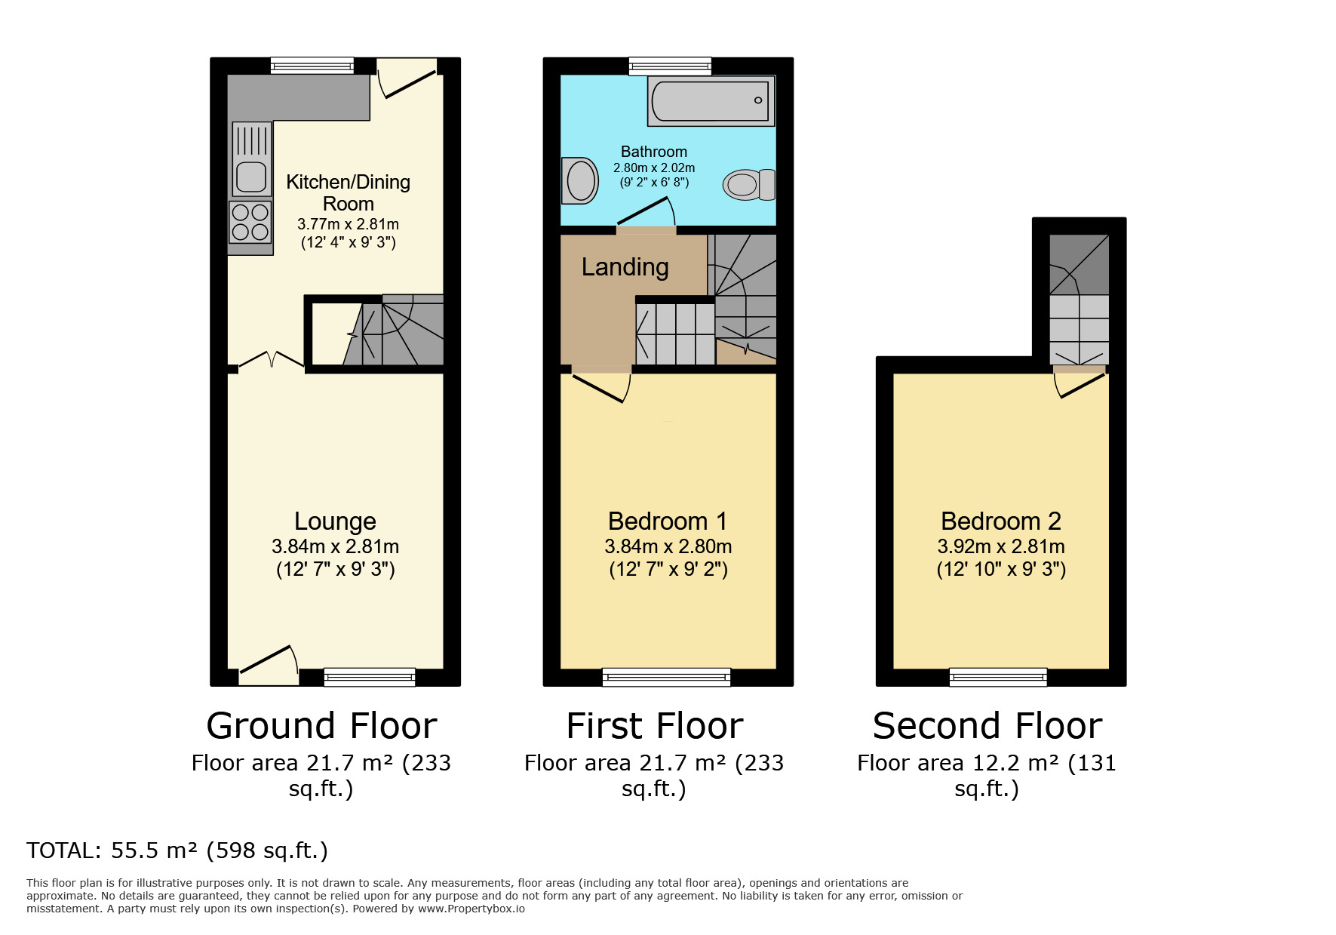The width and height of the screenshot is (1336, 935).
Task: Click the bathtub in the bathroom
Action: pyautogui.click(x=710, y=101)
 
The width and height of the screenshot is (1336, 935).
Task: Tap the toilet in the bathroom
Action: pyautogui.click(x=748, y=184)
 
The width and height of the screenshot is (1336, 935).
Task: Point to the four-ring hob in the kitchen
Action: pyautogui.click(x=250, y=222)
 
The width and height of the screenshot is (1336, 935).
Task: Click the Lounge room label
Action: pyautogui.click(x=335, y=521)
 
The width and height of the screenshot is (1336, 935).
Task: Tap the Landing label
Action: pyautogui.click(x=625, y=267)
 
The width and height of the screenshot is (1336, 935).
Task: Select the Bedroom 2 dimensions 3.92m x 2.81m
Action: pyautogui.click(x=1000, y=546)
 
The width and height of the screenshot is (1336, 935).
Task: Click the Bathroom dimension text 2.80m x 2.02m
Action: pyautogui.click(x=653, y=168)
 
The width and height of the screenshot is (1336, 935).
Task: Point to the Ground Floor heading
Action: pyautogui.click(x=321, y=726)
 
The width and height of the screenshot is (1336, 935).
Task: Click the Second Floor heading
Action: pyautogui.click(x=987, y=726)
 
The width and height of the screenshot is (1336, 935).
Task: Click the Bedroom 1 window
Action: pyautogui.click(x=666, y=677)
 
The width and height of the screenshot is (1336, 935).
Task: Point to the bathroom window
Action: pyautogui.click(x=670, y=66)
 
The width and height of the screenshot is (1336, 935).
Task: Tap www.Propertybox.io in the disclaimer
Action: pyautogui.click(x=471, y=909)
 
